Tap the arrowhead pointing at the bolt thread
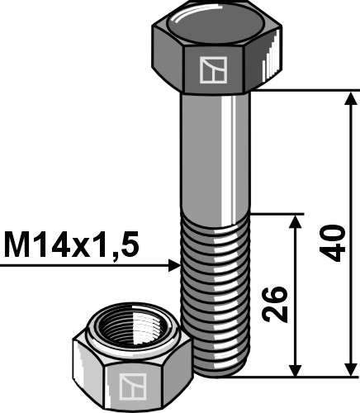click(173, 265)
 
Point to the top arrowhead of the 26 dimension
click(294, 224)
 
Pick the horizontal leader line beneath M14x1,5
click(83, 265)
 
